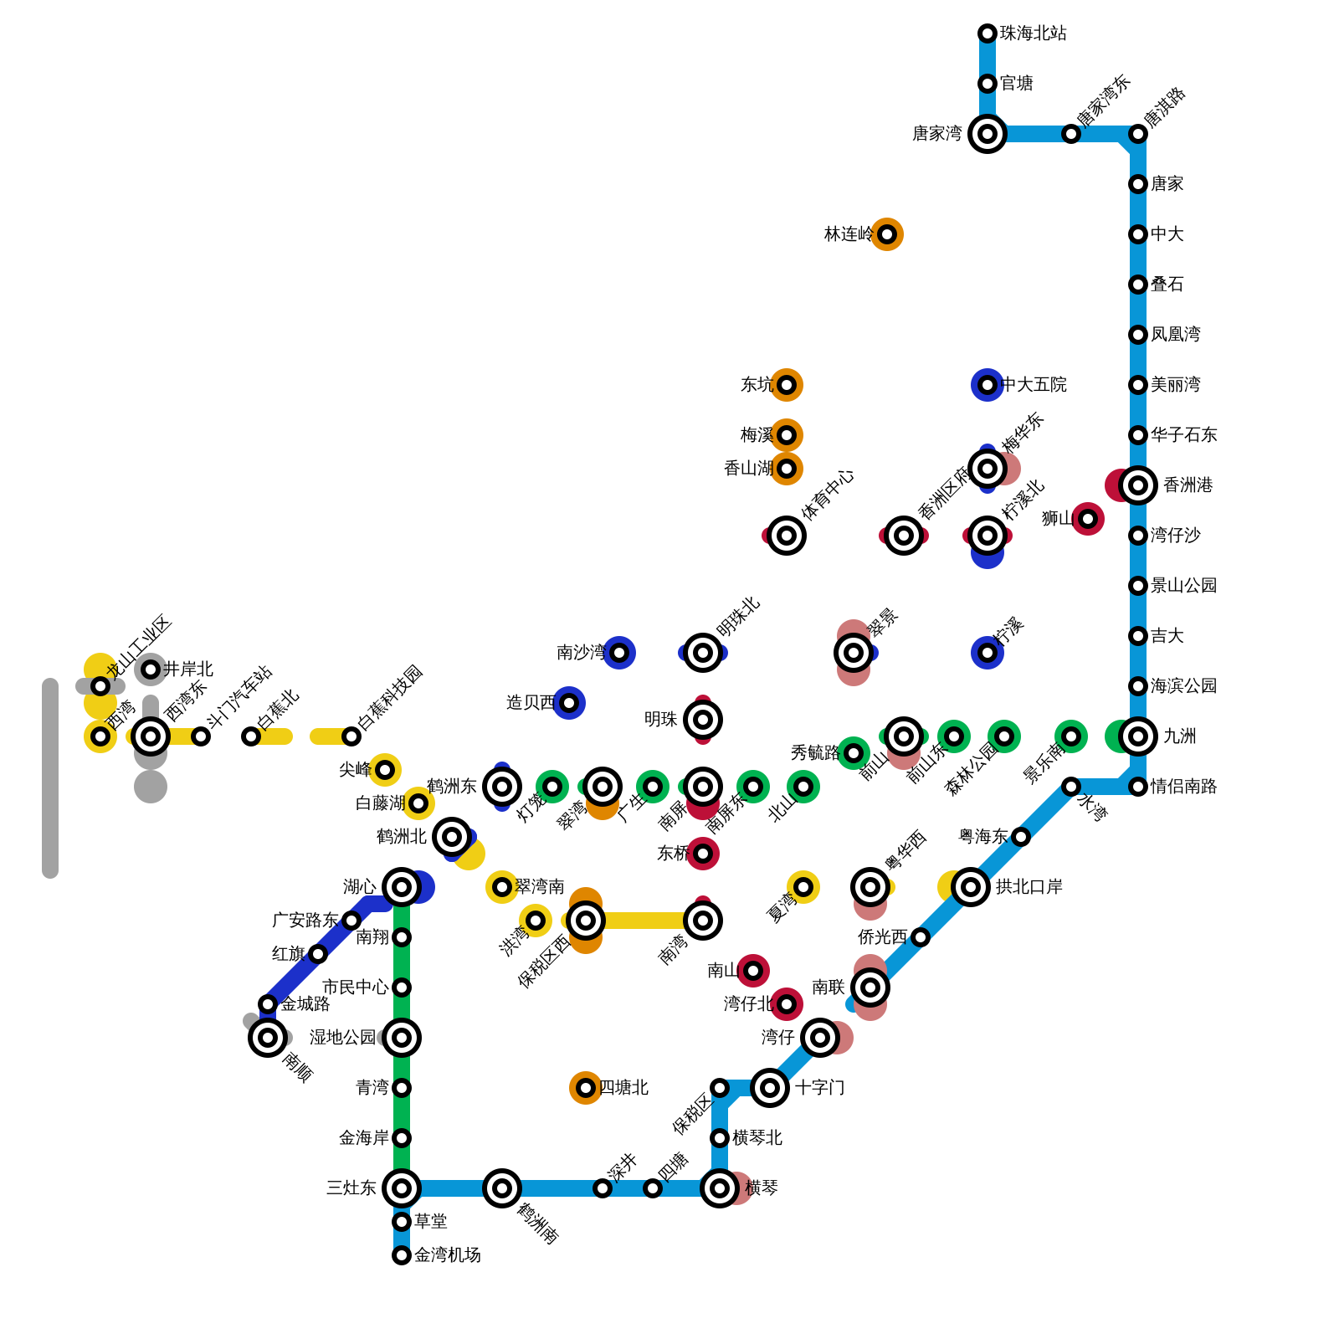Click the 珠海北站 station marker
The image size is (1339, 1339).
(x=988, y=33)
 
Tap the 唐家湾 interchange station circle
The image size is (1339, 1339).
(x=988, y=134)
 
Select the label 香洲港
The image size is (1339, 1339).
(x=1188, y=485)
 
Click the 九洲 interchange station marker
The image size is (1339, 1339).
(x=1138, y=736)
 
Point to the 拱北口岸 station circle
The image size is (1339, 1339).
(x=971, y=887)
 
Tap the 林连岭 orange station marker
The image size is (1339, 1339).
(x=887, y=234)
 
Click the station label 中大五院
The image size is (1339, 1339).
(x=1034, y=385)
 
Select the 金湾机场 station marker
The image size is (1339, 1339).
(x=402, y=1255)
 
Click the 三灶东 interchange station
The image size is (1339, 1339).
(x=402, y=1188)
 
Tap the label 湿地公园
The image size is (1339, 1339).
(x=342, y=1038)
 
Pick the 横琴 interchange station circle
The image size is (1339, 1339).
(x=720, y=1188)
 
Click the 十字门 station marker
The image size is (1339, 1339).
(x=770, y=1088)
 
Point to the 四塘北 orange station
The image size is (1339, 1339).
(x=586, y=1088)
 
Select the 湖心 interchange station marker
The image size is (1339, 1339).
(x=402, y=887)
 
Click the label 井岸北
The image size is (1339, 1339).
(x=188, y=669)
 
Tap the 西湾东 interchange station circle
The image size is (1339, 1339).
(x=151, y=736)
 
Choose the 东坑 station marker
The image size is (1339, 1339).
(x=787, y=385)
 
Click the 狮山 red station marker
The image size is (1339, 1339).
(x=1088, y=519)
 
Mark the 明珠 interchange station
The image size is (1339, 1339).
(x=703, y=720)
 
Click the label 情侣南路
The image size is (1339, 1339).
(x=1183, y=787)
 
